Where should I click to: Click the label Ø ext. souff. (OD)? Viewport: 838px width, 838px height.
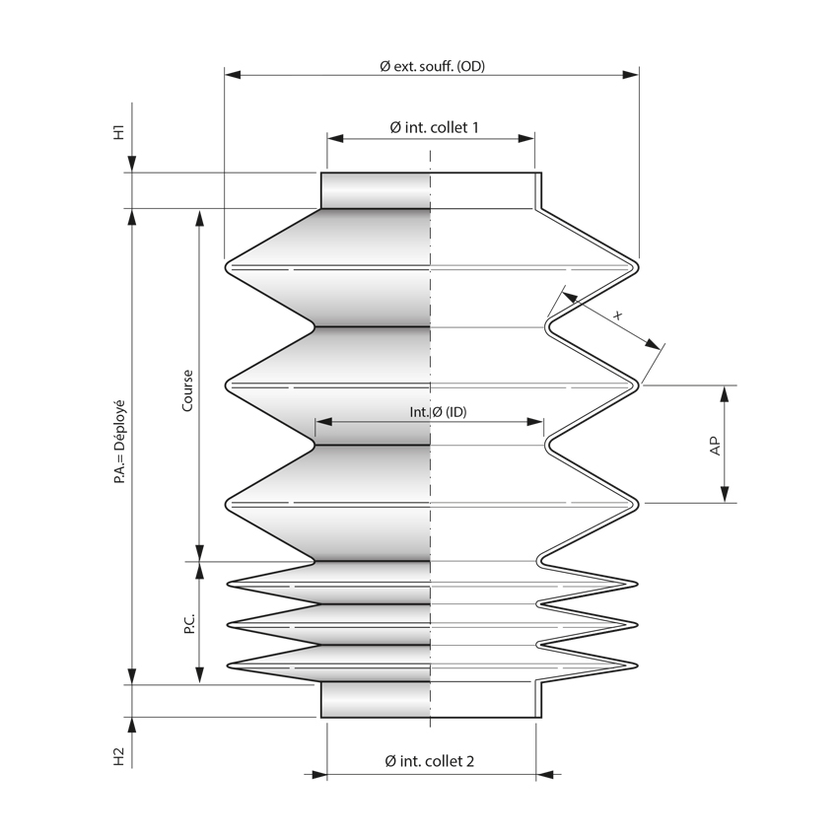(x=432, y=66)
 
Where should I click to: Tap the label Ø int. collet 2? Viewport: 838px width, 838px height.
(x=430, y=761)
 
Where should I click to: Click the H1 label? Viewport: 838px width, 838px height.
(x=118, y=133)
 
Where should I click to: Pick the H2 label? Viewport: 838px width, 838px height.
(x=118, y=756)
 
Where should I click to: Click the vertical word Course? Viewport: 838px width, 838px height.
(x=187, y=390)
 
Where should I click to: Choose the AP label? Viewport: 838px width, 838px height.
(x=715, y=445)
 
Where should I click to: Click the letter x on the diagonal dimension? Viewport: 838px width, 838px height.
(x=618, y=315)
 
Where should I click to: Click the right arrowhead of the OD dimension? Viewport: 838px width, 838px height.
(x=631, y=74)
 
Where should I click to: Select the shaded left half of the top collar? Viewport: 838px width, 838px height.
(x=376, y=190)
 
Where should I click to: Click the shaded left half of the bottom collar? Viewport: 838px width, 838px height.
(x=376, y=701)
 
